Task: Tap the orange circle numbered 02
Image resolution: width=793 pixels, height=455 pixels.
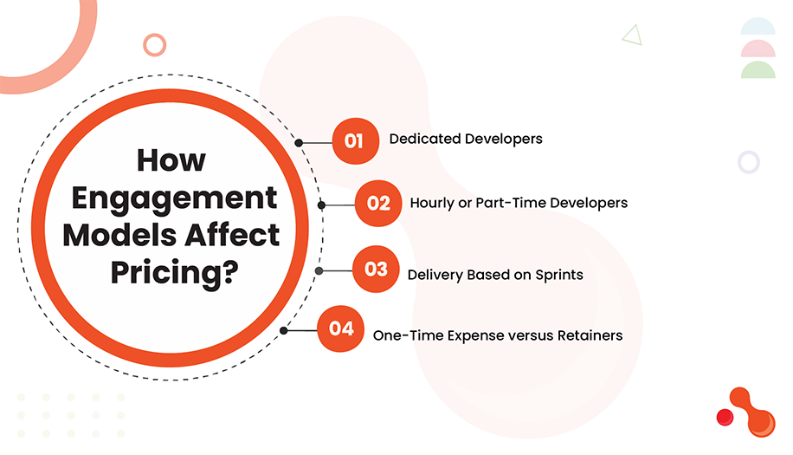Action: [x=378, y=203]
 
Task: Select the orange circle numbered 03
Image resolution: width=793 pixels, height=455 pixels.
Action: [x=376, y=270]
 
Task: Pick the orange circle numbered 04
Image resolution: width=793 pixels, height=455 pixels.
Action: [x=340, y=329]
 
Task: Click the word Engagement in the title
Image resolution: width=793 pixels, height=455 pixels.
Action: [x=174, y=198]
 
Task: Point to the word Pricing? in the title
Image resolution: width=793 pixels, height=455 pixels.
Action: [x=174, y=270]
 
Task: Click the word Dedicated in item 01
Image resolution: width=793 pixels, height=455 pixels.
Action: [x=422, y=139]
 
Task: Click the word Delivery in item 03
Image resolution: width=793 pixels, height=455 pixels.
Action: [x=435, y=275]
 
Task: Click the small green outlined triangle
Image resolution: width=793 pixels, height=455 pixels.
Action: [x=631, y=35]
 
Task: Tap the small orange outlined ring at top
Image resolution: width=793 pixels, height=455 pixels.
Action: [x=154, y=44]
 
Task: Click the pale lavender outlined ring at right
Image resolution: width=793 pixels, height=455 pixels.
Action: [x=748, y=161]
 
